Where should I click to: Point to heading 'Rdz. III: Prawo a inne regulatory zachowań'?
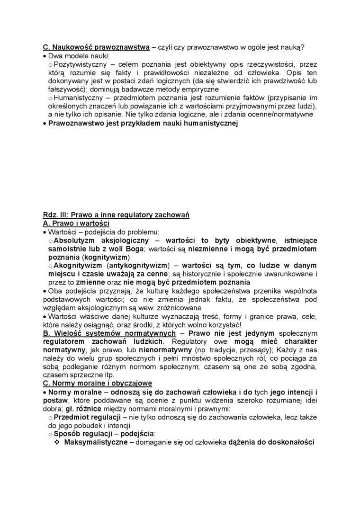(x=116, y=215)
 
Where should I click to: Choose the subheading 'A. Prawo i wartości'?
(x=76, y=223)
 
